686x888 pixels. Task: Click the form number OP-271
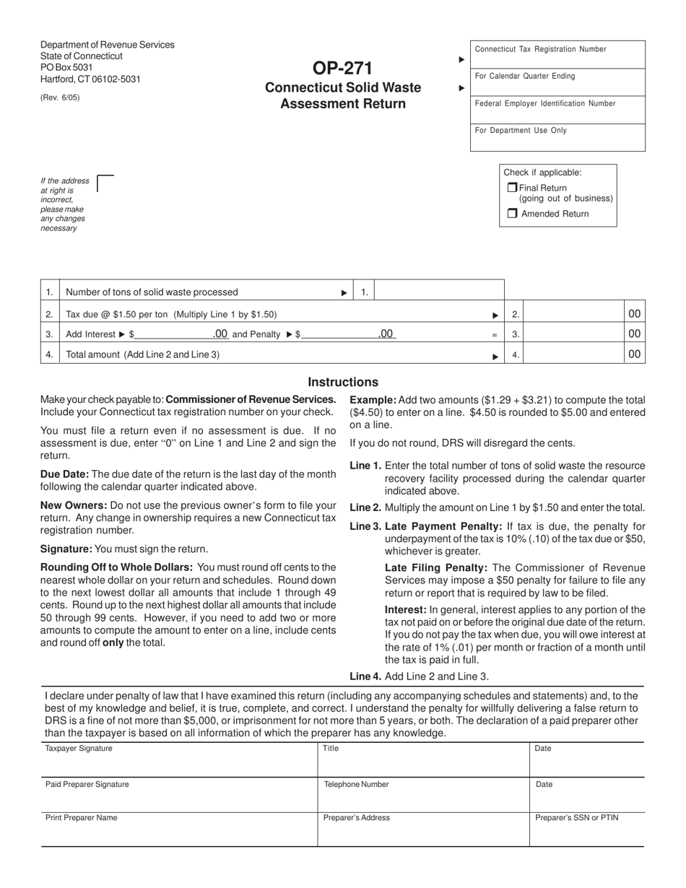343,69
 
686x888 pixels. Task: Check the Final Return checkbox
512,188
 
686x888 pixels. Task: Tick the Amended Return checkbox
512,214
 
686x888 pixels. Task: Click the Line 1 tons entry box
438,292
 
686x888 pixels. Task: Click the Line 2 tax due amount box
573,314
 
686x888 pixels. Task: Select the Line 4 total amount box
573,354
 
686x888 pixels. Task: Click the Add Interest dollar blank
173,334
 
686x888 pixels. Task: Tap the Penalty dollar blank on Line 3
338,334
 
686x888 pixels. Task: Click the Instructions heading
343,383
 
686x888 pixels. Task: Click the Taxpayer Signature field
179,760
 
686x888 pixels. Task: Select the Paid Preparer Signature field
179,796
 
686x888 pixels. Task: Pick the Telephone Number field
423,796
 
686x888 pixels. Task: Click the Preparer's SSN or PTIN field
586,830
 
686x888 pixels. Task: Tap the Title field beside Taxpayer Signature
423,760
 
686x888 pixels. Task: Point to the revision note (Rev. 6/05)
60,97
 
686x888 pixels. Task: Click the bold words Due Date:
64,474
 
